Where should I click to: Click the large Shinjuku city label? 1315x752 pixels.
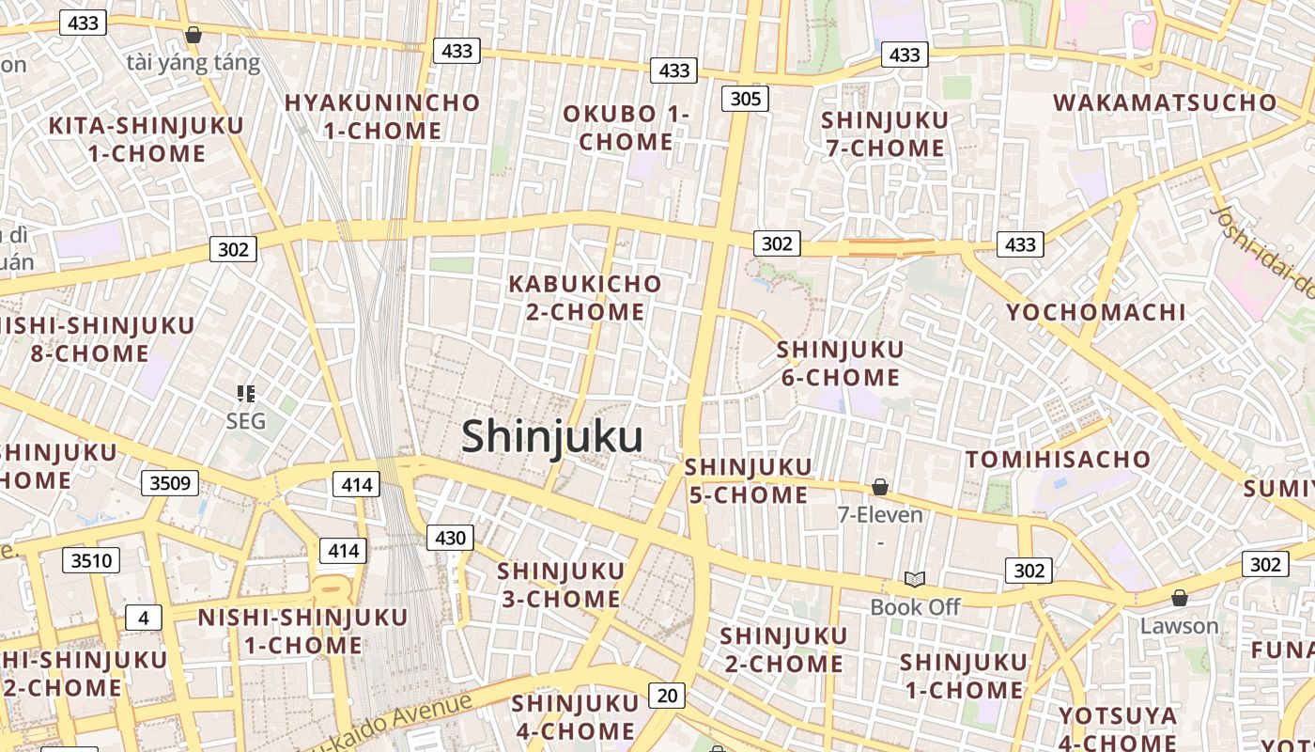point(552,437)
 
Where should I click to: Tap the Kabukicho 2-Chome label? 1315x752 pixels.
point(585,297)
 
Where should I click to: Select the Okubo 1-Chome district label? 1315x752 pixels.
point(626,128)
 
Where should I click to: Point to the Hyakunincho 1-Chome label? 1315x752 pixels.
point(382,117)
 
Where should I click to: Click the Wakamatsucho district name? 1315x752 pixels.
point(1165,102)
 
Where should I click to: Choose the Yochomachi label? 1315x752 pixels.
point(1096,312)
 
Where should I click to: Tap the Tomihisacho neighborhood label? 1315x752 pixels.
point(1058,460)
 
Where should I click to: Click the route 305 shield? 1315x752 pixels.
point(745,99)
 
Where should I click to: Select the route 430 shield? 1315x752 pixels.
point(451,538)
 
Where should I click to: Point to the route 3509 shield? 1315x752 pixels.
point(170,483)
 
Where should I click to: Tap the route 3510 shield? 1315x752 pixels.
point(91,561)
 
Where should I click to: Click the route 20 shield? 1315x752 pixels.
point(667,696)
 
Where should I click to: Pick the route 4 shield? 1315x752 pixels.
point(143,618)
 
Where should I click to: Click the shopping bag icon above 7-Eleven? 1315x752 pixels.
point(880,487)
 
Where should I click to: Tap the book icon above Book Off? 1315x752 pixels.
point(915,579)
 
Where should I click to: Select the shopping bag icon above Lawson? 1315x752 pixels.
point(1180,598)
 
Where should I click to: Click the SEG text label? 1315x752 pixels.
point(246,420)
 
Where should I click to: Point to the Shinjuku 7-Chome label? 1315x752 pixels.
point(884,134)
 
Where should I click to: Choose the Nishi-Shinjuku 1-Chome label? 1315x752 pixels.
point(302,631)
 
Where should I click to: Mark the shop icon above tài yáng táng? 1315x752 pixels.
point(193,36)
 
